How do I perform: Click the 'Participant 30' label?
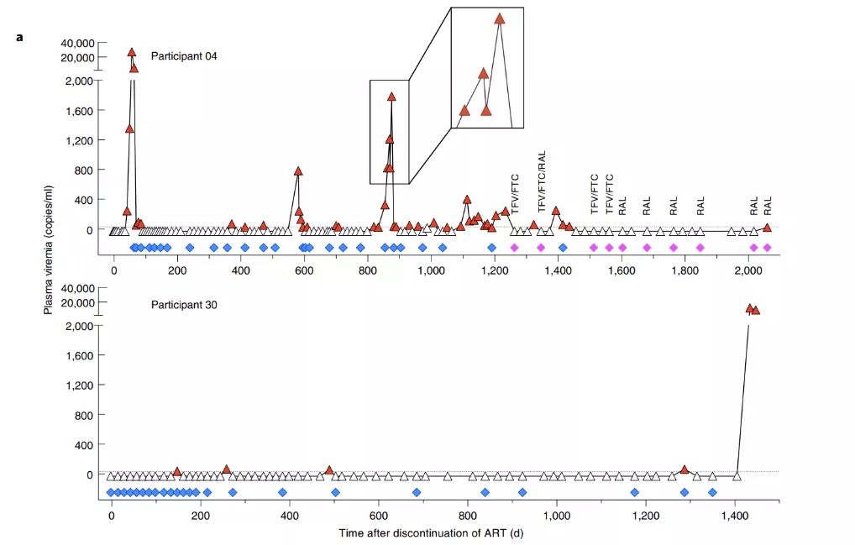tap(183, 305)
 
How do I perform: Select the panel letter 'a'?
tap(18, 38)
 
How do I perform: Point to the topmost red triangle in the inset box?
tap(500, 18)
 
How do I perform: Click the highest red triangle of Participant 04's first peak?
tap(132, 52)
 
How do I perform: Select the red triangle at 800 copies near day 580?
tap(298, 170)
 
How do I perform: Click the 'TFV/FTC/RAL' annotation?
tap(542, 181)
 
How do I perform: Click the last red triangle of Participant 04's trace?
tap(767, 227)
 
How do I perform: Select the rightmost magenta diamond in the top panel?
tap(767, 248)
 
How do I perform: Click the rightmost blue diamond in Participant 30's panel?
tap(712, 492)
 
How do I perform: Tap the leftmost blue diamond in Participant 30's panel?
tap(111, 492)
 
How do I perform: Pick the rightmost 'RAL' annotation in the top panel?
tap(767, 206)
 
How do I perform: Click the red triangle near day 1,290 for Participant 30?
tap(685, 469)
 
